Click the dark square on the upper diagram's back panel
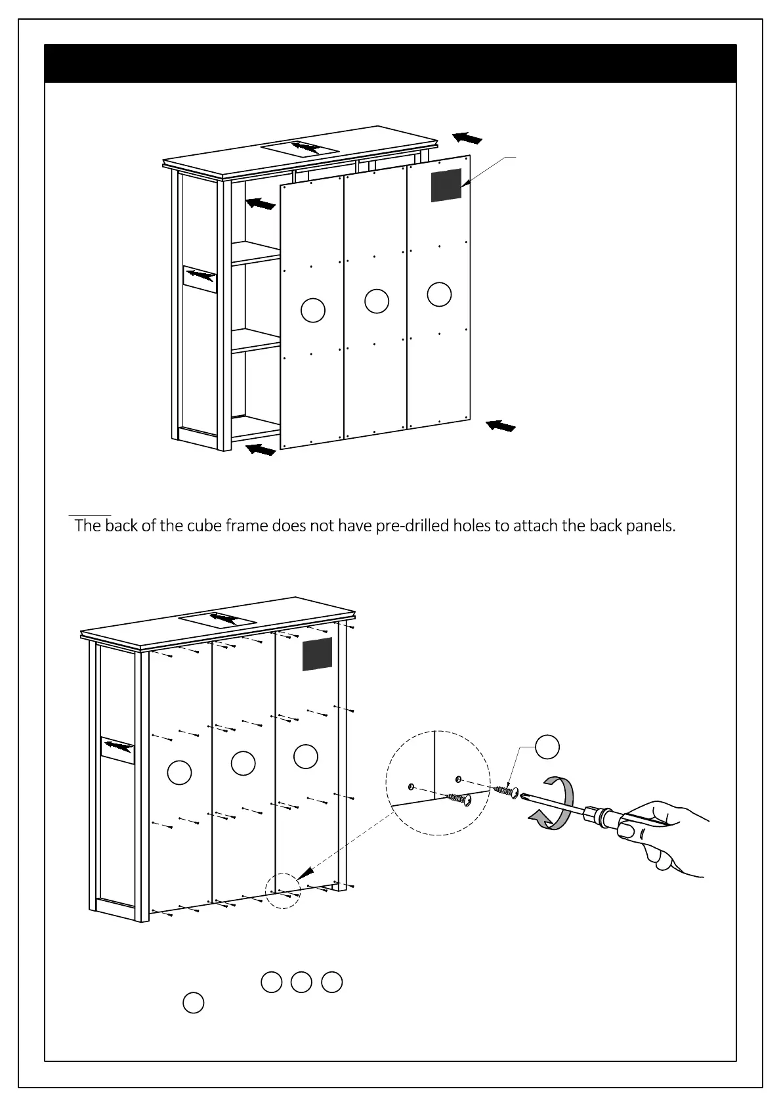click(446, 185)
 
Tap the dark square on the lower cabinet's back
click(317, 654)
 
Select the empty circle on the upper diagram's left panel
click(313, 310)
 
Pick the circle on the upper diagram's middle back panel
click(377, 301)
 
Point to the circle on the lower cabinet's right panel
click(306, 756)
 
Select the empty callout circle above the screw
click(547, 747)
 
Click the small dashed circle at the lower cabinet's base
click(283, 891)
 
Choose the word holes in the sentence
click(472, 525)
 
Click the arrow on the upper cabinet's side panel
click(200, 276)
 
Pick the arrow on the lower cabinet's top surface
click(224, 619)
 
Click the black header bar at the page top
click(390, 64)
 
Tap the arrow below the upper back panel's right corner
click(501, 426)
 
